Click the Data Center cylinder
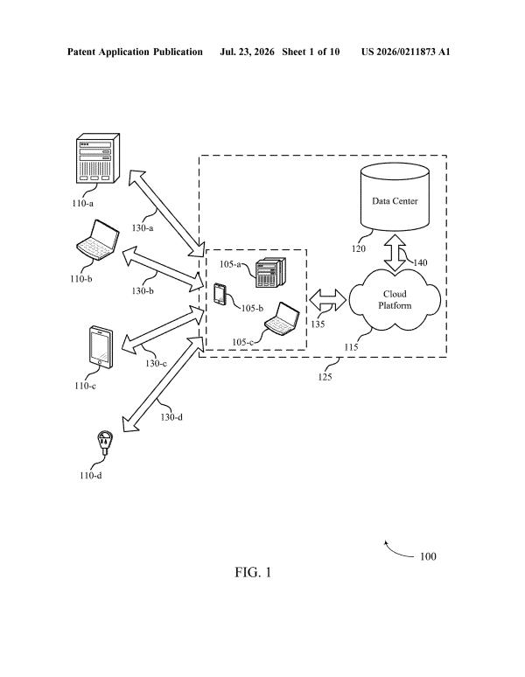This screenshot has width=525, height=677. tap(395, 197)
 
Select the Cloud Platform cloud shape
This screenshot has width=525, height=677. tap(395, 300)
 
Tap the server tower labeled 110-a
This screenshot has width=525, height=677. tap(98, 158)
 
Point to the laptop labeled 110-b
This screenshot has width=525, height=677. tap(98, 240)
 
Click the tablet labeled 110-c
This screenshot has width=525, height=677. tap(101, 347)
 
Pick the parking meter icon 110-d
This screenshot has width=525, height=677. tap(104, 442)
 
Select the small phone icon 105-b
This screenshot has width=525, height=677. tap(220, 295)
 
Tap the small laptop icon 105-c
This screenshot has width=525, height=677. tap(282, 318)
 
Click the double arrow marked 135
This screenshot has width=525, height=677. tap(328, 300)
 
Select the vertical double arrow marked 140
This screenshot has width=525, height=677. tap(395, 253)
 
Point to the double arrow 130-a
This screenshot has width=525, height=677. tap(166, 213)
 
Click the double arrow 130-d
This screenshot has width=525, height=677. tap(164, 384)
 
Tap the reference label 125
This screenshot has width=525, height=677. tap(325, 377)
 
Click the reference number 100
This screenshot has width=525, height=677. tap(428, 556)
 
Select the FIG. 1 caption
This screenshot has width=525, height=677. tap(253, 573)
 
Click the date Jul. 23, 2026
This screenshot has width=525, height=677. tap(247, 52)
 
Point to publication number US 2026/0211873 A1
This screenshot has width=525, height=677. tap(406, 52)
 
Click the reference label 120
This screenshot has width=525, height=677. tap(359, 248)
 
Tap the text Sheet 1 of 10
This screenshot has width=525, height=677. tap(311, 52)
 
